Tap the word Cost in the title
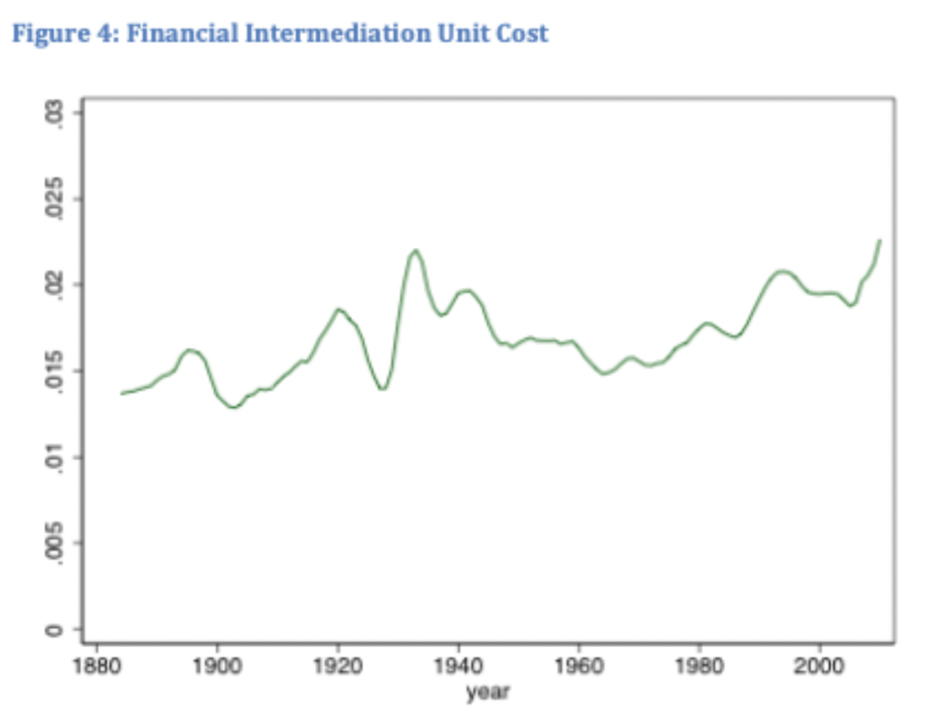pos(522,34)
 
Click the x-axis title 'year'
pos(488,692)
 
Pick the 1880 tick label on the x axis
pos(97,666)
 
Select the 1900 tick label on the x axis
pos(217,666)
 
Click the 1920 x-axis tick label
pos(338,666)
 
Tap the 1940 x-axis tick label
pos(458,666)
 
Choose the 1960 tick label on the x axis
pos(578,666)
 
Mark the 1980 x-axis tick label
pos(699,666)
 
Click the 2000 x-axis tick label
pos(819,666)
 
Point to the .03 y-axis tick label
pos(54,116)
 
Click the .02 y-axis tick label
pos(54,285)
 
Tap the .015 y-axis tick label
pos(54,371)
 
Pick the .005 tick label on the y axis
pos(54,544)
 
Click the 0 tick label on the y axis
pos(54,630)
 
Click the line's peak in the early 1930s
pos(415,251)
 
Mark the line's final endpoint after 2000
pos(879,240)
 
